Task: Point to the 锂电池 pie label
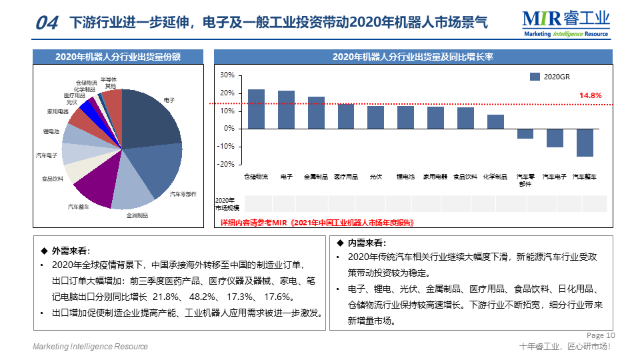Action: [51, 132]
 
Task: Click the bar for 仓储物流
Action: [256, 109]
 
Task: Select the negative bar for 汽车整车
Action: [585, 143]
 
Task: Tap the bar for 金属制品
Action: [316, 113]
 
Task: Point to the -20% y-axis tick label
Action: [226, 164]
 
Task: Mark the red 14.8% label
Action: [590, 96]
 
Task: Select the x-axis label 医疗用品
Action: [346, 177]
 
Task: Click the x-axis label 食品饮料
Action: [465, 177]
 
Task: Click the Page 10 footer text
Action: [601, 335]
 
